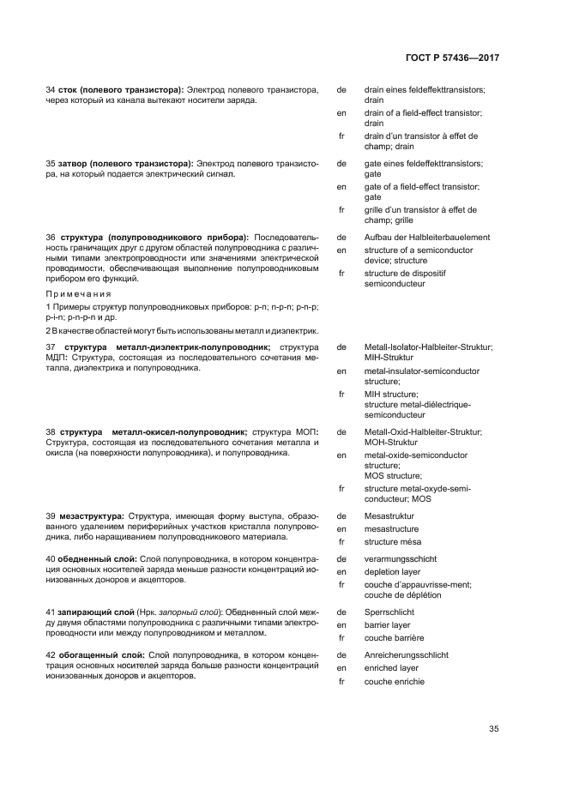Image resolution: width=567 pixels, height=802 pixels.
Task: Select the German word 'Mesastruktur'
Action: point(389,516)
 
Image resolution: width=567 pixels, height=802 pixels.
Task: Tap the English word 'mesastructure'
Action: point(391,529)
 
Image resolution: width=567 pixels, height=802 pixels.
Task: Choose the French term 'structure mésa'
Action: point(392,542)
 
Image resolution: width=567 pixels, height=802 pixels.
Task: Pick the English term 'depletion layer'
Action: point(392,571)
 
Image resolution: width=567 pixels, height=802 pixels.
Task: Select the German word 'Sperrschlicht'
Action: point(389,612)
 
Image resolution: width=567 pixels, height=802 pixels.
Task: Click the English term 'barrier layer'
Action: point(388,625)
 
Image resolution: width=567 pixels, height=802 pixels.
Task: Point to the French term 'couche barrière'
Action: point(394,638)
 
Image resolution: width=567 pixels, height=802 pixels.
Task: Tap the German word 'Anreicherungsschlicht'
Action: point(406,655)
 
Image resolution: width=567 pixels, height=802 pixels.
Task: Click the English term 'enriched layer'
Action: point(391,668)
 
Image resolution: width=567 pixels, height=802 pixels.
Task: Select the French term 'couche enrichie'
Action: point(394,681)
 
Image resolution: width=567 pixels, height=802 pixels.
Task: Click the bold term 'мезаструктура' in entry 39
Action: point(92,516)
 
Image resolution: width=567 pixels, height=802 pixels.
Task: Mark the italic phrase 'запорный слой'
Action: point(187,612)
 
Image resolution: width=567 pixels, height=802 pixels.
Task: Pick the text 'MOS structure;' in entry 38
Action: point(393,475)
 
